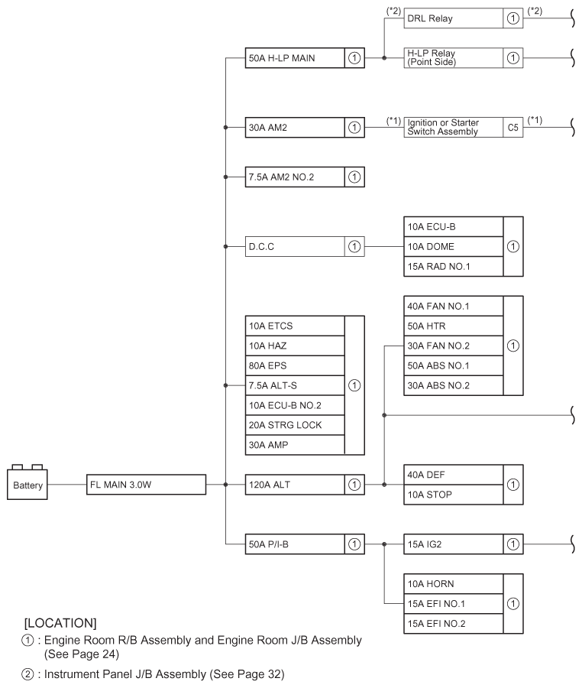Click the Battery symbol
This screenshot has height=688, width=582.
28,484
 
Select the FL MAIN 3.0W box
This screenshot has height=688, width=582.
146,484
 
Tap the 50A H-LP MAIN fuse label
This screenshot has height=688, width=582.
295,57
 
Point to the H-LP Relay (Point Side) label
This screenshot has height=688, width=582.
454,57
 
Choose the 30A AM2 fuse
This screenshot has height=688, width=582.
295,127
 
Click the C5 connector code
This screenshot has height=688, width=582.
512,127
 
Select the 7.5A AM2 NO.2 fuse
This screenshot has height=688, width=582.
295,177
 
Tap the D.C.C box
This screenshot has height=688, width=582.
295,246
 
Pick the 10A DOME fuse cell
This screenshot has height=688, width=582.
454,246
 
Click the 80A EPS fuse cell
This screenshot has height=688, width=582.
295,365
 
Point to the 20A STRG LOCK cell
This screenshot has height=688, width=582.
295,425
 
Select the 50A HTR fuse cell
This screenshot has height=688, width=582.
454,326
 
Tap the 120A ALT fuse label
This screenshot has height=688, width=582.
295,484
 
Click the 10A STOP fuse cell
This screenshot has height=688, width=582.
454,494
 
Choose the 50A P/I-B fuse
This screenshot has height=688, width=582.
295,544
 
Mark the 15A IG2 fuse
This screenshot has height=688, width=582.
454,544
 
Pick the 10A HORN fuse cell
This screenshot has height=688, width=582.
454,584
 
